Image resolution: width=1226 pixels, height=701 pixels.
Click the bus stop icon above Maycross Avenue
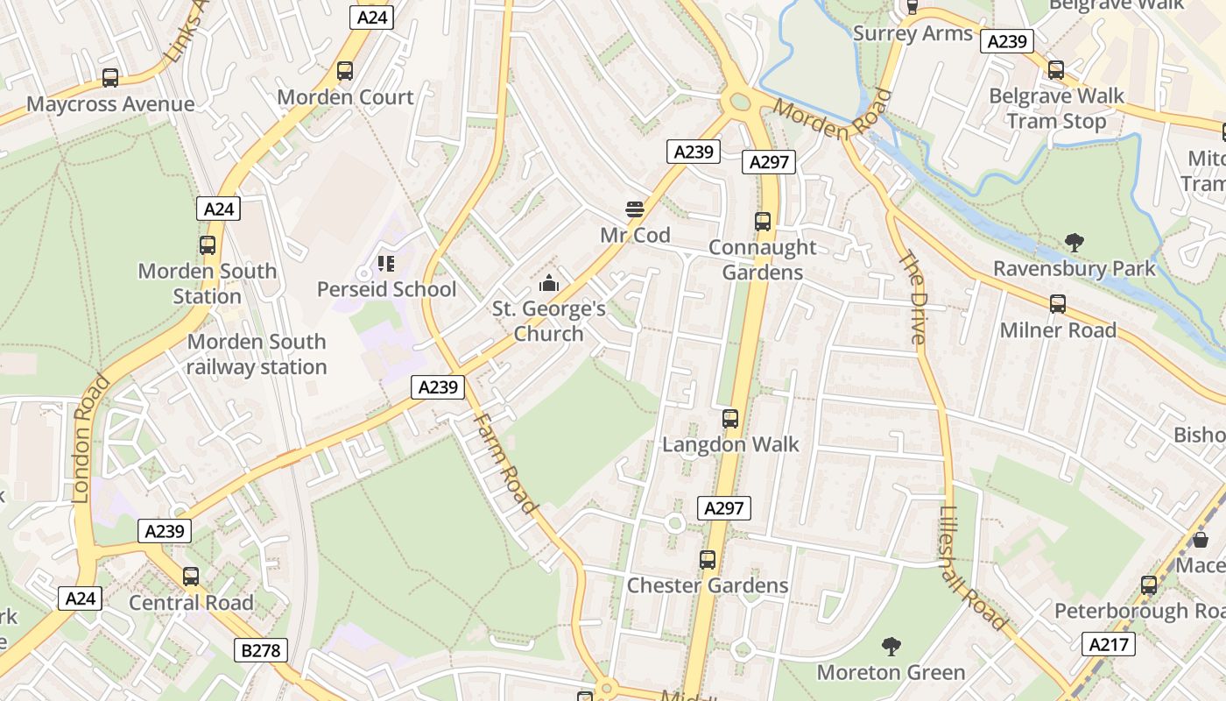tap(110, 78)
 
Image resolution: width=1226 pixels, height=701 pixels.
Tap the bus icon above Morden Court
tap(345, 71)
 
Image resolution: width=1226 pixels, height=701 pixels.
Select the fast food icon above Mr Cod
tap(635, 209)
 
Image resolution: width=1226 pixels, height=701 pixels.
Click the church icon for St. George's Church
tap(549, 283)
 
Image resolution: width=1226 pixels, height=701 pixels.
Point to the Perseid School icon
tap(386, 263)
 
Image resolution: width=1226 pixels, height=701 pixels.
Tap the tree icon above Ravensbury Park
tap(1074, 242)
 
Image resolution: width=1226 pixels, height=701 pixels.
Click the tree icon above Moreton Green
tap(891, 647)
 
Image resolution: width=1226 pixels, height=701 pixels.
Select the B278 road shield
tap(261, 650)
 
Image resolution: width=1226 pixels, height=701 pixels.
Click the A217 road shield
tap(1109, 644)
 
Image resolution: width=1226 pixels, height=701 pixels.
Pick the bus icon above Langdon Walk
tap(730, 419)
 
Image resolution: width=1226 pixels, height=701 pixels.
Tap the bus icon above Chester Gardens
tap(708, 559)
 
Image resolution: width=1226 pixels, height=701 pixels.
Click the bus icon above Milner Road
tap(1058, 304)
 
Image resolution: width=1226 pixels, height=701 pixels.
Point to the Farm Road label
tap(504, 462)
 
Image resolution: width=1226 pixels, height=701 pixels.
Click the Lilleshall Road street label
tap(971, 568)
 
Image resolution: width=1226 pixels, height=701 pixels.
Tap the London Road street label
tap(89, 438)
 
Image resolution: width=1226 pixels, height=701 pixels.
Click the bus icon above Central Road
tap(191, 577)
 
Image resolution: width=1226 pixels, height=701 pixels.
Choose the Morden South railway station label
tap(257, 354)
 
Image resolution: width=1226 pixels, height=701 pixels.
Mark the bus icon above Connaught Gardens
tap(763, 222)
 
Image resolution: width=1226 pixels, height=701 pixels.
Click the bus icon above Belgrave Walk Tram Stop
tap(1056, 69)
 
